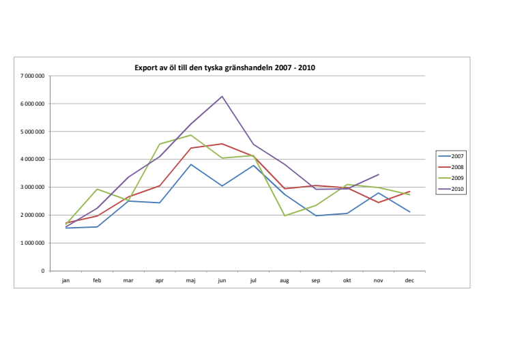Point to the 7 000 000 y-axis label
pos(33,76)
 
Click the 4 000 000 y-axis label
pos(33,160)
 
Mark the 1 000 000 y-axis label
pos(33,243)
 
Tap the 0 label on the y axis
pos(42,271)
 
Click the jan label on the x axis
pos(66,280)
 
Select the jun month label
pos(222,280)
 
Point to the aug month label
pos(285,280)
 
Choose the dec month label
pos(409,280)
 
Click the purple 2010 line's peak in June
pos(222,96)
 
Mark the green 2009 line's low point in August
pos(285,215)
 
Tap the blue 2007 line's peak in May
pos(191,164)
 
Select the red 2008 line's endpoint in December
pos(409,192)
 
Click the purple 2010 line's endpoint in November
pos(378,175)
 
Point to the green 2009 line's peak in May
pos(191,135)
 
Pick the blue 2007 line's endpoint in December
pos(409,212)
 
